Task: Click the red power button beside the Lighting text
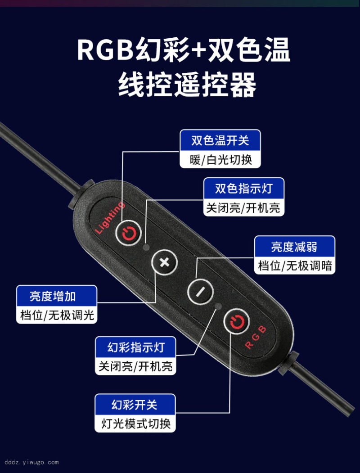(x=128, y=233)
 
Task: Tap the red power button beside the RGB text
(x=237, y=322)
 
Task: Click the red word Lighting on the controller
(x=109, y=217)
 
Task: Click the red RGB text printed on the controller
(x=256, y=337)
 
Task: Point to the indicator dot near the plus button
(x=146, y=248)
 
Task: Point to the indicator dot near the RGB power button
(x=218, y=306)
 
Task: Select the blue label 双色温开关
(x=220, y=140)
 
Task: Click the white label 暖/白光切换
(x=220, y=160)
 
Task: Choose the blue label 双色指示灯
(x=243, y=188)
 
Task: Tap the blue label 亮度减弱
(x=295, y=247)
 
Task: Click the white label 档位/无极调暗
(x=295, y=266)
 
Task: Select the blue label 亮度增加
(x=56, y=296)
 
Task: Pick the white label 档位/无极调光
(x=56, y=315)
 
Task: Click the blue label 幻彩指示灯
(x=136, y=347)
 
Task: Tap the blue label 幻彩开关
(x=135, y=405)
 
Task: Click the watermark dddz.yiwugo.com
(x=31, y=462)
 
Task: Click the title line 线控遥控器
(x=187, y=85)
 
